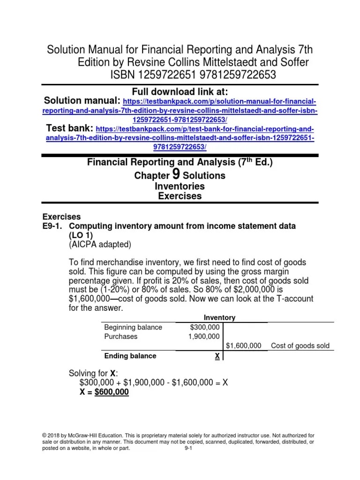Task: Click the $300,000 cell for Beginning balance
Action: coord(205,327)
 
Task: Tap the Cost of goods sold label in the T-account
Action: coord(300,346)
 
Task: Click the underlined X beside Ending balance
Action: coord(217,356)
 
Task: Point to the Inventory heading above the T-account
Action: coord(219,318)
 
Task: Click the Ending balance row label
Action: coord(130,356)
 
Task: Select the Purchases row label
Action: coord(120,337)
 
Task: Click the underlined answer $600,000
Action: coord(112,392)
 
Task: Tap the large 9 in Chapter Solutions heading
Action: coord(176,174)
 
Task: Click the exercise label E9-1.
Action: coord(54,226)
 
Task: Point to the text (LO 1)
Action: coord(82,235)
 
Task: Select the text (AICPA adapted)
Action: coord(100,244)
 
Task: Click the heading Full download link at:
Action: coord(180,91)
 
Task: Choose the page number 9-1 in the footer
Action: coord(189,448)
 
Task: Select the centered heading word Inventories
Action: coord(180,186)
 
